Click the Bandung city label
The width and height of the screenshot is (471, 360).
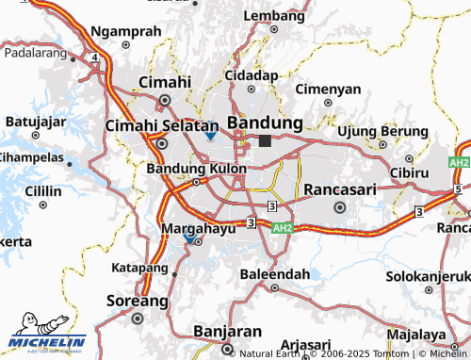coord(265,123)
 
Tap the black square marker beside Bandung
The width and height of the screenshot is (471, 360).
coord(265,140)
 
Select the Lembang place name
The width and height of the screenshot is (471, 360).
coord(274,16)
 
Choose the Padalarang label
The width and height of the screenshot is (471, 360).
coord(38,55)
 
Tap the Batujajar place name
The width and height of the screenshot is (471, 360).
coord(35,122)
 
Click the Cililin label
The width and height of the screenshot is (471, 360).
coord(43,190)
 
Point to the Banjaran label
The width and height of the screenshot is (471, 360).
coord(226,332)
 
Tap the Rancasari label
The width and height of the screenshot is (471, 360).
coord(339,189)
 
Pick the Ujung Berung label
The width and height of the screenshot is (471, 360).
coord(376,130)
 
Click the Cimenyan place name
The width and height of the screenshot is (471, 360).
coord(328,90)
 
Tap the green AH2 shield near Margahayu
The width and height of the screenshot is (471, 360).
coord(283,228)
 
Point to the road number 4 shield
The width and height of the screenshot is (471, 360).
coord(96,57)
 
